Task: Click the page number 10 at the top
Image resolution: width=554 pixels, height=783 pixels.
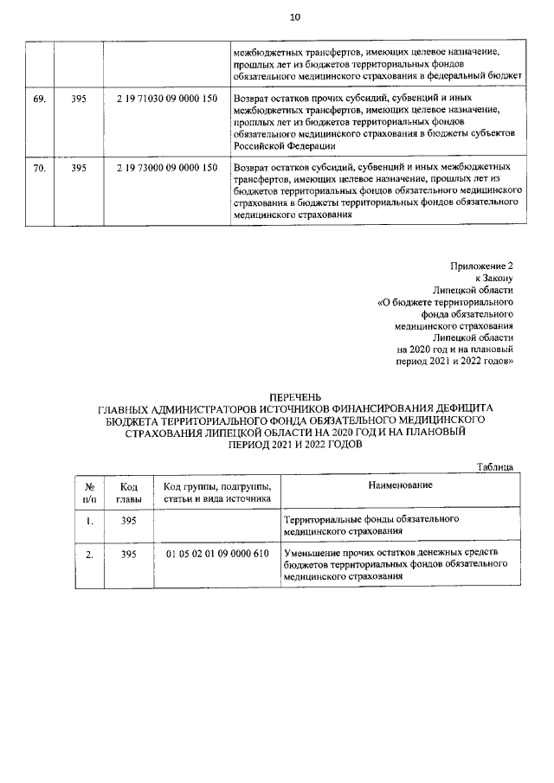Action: (x=295, y=16)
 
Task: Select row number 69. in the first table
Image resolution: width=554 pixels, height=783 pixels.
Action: (x=40, y=99)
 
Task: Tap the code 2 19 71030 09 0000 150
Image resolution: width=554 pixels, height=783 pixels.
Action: (x=165, y=99)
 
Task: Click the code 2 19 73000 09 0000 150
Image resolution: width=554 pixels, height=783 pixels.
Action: (x=165, y=167)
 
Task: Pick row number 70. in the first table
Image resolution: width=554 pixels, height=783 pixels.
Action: (x=40, y=167)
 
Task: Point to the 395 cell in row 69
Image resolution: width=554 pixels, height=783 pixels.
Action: (x=79, y=99)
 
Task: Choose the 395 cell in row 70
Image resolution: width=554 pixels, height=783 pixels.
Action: (x=79, y=167)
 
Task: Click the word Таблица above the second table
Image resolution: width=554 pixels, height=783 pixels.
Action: (x=495, y=467)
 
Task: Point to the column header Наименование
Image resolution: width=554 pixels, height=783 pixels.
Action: (x=400, y=486)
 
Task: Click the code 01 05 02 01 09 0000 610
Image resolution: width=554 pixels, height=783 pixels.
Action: (x=216, y=553)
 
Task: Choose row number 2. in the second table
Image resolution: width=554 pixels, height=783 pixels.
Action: (x=90, y=553)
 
